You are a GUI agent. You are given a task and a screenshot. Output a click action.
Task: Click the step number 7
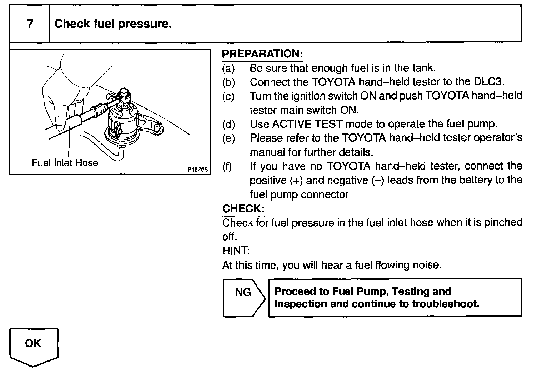point(30,24)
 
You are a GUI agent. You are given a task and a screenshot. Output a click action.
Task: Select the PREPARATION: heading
point(262,54)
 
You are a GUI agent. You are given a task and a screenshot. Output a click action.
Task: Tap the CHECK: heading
point(243,208)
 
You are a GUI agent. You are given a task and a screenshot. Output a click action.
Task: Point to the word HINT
point(235,251)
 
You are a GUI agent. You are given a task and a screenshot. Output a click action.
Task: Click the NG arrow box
point(244,297)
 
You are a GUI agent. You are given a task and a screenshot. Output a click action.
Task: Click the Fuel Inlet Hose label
point(65,163)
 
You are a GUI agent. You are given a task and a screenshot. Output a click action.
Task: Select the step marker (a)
point(229,68)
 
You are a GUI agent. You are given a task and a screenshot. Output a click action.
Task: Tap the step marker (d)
point(229,124)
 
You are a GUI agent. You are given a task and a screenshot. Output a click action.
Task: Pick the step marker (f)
point(227,166)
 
